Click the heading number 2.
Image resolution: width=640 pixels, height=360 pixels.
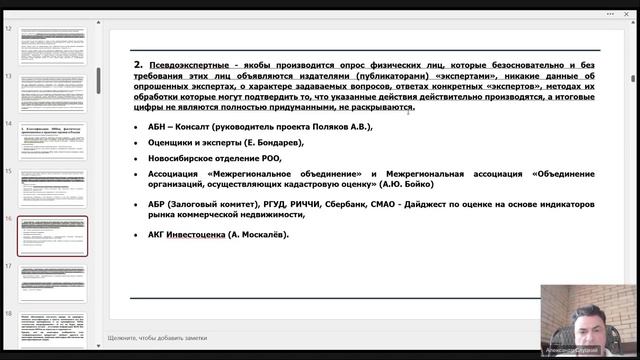pos(139,62)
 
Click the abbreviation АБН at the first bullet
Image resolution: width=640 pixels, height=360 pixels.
pos(160,127)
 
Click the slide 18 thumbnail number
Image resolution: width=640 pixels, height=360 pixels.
pos(9,313)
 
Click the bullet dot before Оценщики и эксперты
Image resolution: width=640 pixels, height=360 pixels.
pos(137,143)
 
